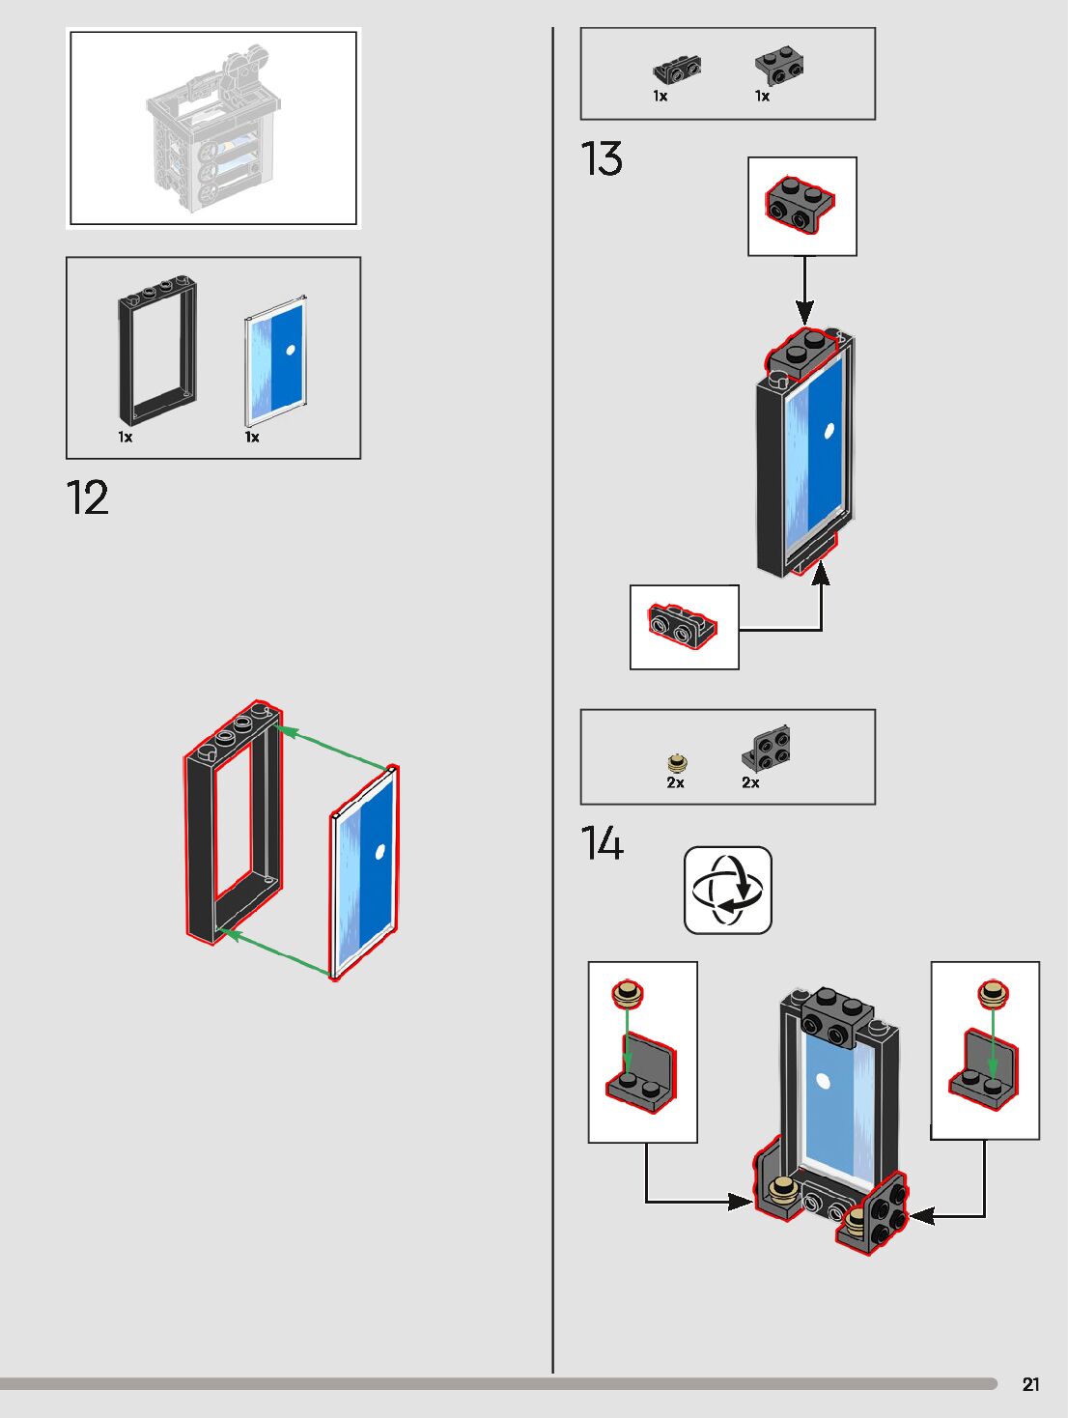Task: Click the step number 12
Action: (x=87, y=498)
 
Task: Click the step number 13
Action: (x=602, y=159)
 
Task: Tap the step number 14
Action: (x=602, y=843)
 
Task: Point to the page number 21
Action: (x=1031, y=1384)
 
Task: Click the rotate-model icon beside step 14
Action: (x=728, y=890)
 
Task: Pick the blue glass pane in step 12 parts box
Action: (x=276, y=361)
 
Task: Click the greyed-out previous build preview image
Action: (x=212, y=128)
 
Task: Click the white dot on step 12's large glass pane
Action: (x=379, y=851)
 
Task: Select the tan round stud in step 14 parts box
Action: (x=677, y=763)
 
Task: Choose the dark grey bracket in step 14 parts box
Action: (x=767, y=749)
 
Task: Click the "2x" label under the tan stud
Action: (x=675, y=783)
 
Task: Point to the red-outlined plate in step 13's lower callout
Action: (x=683, y=625)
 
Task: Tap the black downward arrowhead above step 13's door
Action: (x=804, y=313)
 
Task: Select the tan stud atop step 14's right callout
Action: (x=993, y=992)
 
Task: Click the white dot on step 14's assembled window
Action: (x=823, y=1081)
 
